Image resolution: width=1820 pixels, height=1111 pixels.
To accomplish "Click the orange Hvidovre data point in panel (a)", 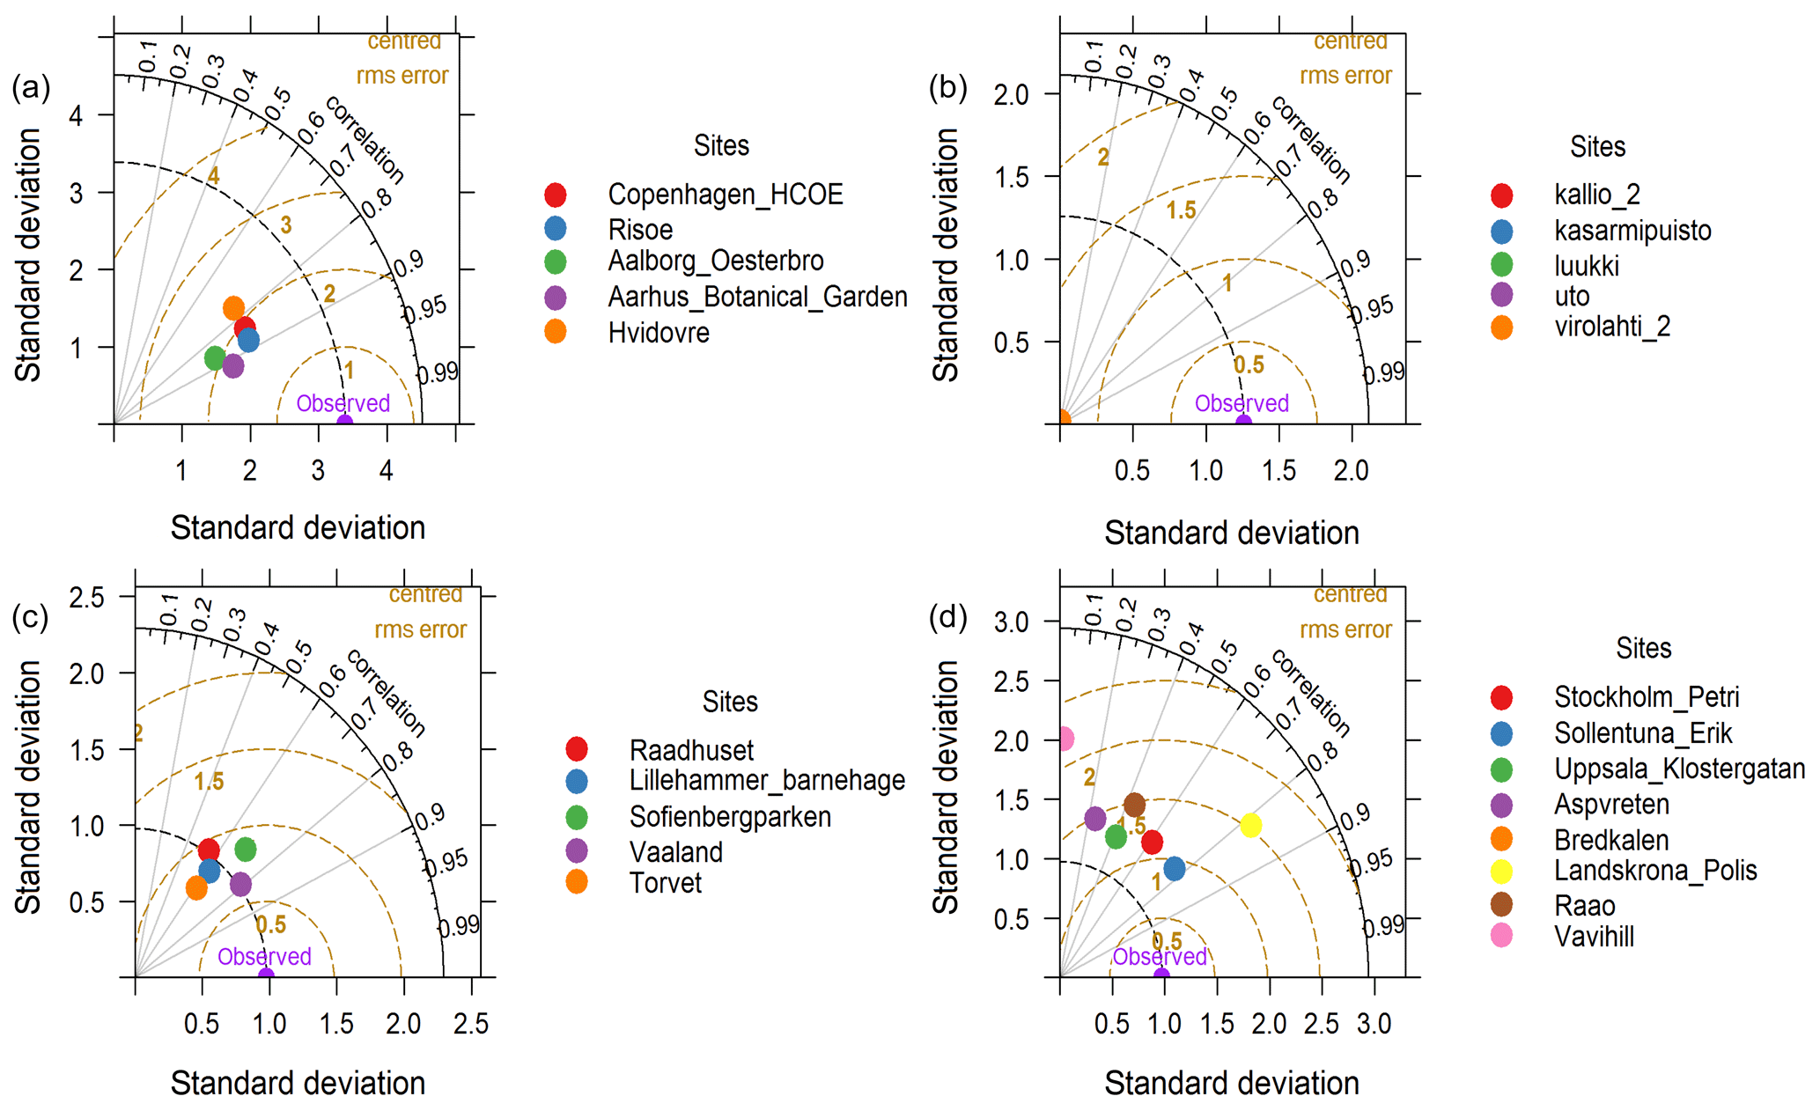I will tap(233, 308).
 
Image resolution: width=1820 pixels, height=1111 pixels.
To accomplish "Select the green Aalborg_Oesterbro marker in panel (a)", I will tap(215, 357).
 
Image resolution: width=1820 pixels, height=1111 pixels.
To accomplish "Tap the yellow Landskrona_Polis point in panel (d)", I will tap(1250, 825).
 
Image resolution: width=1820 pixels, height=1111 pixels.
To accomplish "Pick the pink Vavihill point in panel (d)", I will tap(1065, 738).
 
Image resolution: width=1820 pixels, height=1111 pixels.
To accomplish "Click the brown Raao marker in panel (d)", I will tap(1134, 804).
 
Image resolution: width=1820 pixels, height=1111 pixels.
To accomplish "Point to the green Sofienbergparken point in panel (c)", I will tap(246, 850).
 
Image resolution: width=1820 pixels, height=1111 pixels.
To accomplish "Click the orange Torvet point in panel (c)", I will tap(196, 887).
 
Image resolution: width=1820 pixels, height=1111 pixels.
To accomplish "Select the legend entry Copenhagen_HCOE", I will tap(725, 195).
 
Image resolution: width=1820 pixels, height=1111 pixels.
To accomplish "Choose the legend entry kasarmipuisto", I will tap(1632, 231).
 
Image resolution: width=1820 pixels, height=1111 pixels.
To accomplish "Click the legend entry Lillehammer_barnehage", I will tap(766, 780).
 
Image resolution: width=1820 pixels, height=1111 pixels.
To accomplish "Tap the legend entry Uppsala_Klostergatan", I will tap(1678, 769).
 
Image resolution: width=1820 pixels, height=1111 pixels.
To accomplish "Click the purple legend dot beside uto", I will tap(1501, 295).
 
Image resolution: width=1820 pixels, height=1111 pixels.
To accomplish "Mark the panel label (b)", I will tap(947, 87).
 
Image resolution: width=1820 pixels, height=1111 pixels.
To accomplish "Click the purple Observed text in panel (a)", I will tap(343, 403).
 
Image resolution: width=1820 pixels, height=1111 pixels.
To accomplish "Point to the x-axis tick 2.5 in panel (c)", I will tap(471, 1023).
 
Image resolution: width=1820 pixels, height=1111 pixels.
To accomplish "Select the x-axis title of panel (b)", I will tap(1231, 533).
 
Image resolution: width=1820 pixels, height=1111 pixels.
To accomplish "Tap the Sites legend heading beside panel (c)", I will tap(729, 702).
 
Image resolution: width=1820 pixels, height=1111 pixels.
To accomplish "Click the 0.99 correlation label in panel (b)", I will tap(1384, 373).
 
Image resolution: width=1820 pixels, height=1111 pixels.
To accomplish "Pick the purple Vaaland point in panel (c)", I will tap(240, 884).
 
